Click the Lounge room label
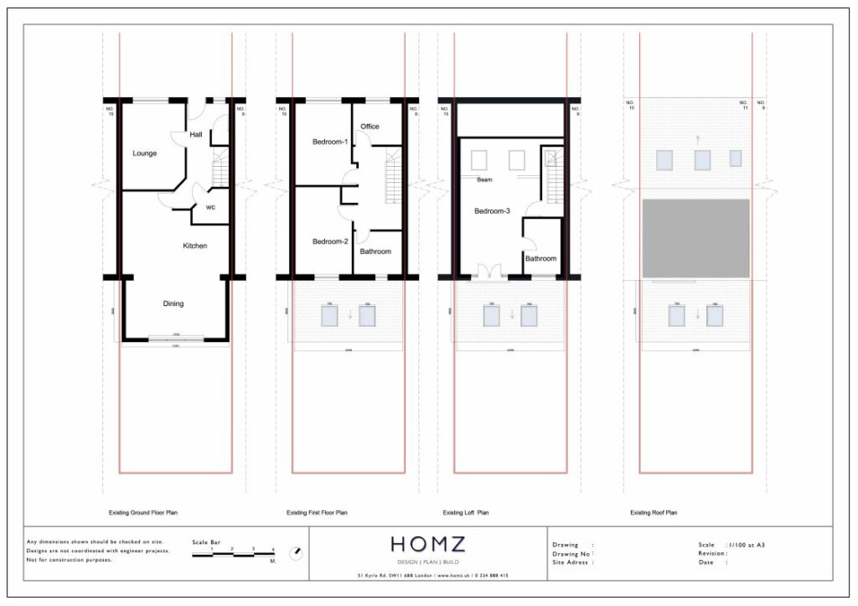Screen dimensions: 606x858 144,153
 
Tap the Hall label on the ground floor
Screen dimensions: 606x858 195,134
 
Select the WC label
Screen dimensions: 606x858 211,207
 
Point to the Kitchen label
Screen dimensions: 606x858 195,246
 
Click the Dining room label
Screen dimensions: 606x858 173,303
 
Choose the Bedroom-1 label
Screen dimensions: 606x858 329,141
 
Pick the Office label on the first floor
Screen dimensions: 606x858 370,127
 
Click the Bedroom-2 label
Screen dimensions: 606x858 329,241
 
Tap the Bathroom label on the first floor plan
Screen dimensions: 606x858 375,251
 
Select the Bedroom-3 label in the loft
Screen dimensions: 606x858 492,211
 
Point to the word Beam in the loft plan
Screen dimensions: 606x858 484,180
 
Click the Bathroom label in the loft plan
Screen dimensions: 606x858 540,258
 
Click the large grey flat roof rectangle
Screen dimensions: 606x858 695,238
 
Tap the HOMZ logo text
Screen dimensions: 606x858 428,544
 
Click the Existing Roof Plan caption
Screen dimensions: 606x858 654,512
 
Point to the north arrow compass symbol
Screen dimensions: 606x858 295,553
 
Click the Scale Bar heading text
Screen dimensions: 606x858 205,542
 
